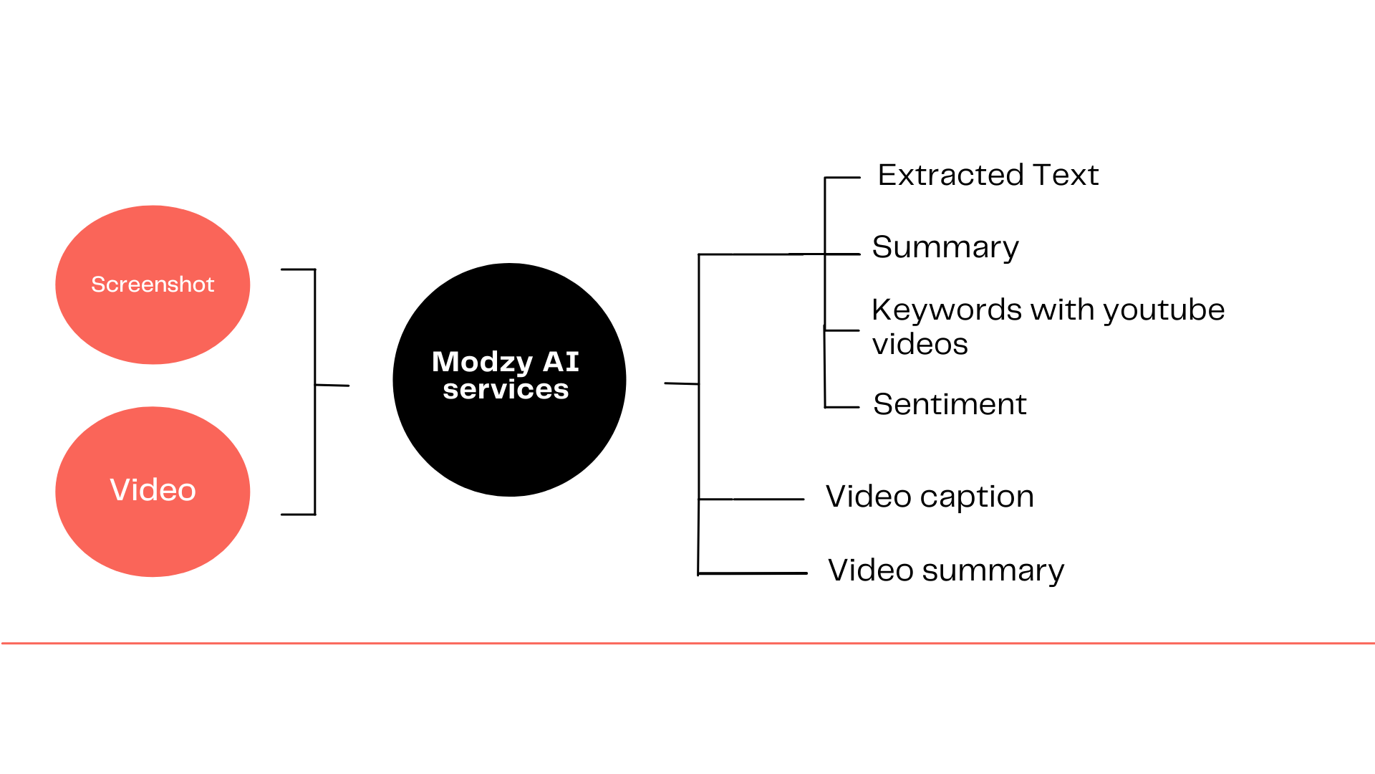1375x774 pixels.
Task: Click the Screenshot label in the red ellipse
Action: point(153,285)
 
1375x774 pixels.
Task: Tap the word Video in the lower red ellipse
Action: point(153,490)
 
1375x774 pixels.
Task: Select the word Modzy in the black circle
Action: point(483,363)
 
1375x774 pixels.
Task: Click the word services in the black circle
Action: point(506,389)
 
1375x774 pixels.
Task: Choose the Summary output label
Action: point(945,248)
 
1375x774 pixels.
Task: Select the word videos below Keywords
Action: point(920,344)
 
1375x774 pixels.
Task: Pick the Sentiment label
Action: point(950,404)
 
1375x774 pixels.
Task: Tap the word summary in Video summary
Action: point(993,571)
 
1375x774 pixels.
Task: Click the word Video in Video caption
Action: point(869,496)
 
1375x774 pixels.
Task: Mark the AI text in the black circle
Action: point(561,362)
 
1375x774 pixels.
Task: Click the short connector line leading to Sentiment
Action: point(842,407)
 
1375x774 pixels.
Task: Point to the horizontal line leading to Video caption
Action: point(751,499)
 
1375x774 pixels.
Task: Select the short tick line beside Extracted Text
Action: point(843,177)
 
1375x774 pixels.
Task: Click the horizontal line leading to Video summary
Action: point(753,573)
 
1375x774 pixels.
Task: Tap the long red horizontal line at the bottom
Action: point(687,643)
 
